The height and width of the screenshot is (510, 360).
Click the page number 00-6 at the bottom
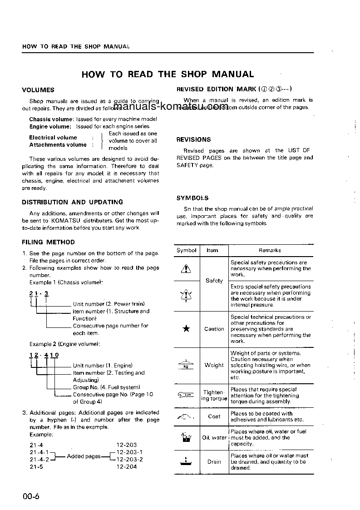tap(31, 496)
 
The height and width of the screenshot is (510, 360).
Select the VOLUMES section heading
tap(38, 90)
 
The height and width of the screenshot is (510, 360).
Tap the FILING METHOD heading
tap(49, 242)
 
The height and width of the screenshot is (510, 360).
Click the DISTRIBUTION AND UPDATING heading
tap(73, 202)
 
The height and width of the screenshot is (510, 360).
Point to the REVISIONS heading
tap(193, 139)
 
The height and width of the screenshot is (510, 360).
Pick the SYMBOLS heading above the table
tap(192, 198)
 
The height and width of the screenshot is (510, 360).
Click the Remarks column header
tap(270, 250)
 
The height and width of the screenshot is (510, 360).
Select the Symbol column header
tap(186, 250)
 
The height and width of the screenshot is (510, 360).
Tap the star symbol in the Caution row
tap(186, 329)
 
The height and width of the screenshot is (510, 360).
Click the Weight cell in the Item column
tap(214, 365)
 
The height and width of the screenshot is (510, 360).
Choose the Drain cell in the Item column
tap(214, 462)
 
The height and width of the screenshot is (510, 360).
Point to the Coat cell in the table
tap(214, 416)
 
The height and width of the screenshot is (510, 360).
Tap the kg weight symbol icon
tap(186, 365)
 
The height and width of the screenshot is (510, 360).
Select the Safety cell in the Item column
tap(214, 281)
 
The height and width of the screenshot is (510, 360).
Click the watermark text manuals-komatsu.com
tap(171, 107)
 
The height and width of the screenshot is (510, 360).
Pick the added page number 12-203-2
tap(129, 459)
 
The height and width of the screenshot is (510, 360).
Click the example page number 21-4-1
tap(39, 452)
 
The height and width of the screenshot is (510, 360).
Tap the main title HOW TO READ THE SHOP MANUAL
tap(168, 74)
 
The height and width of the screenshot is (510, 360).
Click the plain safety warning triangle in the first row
tap(186, 269)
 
